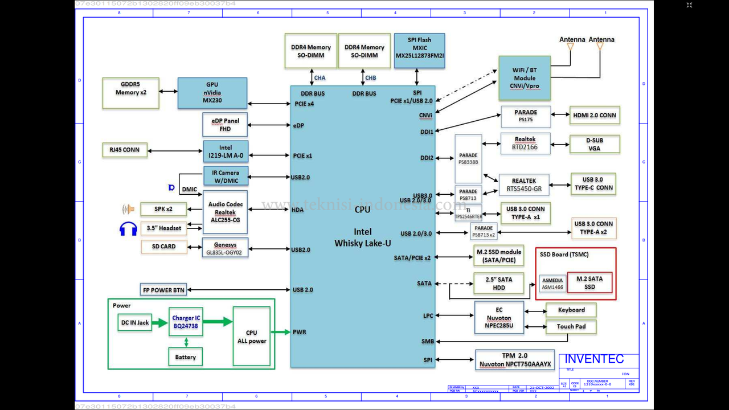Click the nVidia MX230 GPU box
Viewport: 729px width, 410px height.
click(212, 93)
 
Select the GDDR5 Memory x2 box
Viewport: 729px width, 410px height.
click(130, 93)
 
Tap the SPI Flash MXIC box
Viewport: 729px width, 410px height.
click(419, 51)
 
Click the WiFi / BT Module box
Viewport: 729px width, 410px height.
click(524, 78)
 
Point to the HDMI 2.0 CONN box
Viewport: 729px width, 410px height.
click(595, 116)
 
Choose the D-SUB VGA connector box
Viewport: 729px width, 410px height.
click(595, 144)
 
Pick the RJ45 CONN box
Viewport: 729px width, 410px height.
click(125, 151)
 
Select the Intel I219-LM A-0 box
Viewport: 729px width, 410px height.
click(226, 151)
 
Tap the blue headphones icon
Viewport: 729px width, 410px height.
click(128, 228)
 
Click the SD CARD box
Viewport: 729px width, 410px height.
click(163, 247)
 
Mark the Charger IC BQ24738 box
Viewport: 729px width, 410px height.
click(186, 322)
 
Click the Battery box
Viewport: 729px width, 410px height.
click(185, 357)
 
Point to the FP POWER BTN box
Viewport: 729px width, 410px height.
click(163, 290)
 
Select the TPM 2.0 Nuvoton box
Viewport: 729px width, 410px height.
click(515, 360)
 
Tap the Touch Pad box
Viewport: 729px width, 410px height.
click(571, 327)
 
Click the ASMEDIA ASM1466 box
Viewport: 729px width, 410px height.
click(552, 284)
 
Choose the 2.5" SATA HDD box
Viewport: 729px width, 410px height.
click(498, 283)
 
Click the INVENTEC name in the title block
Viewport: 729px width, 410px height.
click(595, 359)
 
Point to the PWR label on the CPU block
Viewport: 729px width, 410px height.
click(300, 332)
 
